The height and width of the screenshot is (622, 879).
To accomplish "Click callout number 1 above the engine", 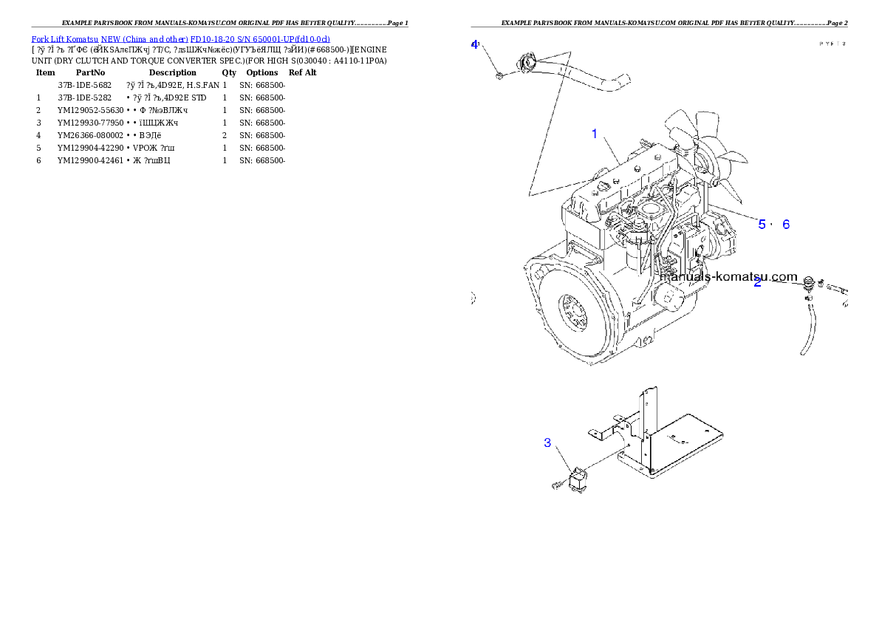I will (594, 134).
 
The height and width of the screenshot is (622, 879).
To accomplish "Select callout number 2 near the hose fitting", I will (757, 282).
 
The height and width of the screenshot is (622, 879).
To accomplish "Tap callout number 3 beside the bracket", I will (547, 442).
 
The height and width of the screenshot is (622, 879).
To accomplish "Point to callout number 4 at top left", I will (475, 44).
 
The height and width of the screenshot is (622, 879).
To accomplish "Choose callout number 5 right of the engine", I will (762, 224).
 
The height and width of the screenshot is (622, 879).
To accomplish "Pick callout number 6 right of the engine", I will (786, 224).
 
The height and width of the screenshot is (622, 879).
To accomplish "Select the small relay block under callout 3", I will (578, 479).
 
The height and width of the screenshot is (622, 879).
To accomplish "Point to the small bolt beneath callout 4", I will (499, 75).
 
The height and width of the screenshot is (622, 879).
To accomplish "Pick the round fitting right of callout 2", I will (809, 281).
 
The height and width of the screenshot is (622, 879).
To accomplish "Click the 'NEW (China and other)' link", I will (145, 38).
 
